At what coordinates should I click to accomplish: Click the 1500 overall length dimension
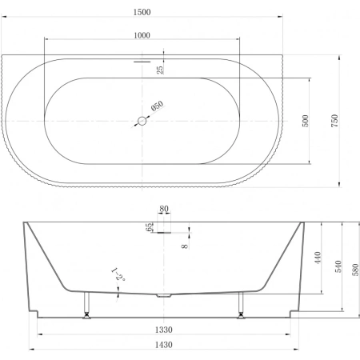coord(142,12)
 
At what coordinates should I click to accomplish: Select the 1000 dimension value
coord(142,35)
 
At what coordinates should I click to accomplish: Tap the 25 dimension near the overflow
coord(160,70)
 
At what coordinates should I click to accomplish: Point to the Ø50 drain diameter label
coord(157,106)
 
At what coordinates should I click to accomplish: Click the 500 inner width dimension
coord(306,121)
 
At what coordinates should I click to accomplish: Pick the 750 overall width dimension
coord(334,121)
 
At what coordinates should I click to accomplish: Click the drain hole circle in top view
coord(142,121)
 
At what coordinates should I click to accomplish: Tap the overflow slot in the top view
coord(142,62)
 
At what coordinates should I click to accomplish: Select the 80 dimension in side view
coord(164,209)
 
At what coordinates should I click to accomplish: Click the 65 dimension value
coord(150,227)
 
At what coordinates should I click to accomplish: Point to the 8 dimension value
coord(185,246)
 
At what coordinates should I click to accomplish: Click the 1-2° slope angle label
coord(118,274)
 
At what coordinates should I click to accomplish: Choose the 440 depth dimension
coord(318,258)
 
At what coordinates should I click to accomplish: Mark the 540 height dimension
coord(338,266)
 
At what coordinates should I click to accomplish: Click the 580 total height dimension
coord(355,270)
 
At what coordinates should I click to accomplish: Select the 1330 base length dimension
coord(164,330)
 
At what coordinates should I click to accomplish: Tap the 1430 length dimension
coord(164,345)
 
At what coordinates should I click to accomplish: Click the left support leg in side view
coord(86,305)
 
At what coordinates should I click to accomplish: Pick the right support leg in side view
coord(241,305)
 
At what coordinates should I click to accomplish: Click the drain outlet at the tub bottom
coord(163,296)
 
